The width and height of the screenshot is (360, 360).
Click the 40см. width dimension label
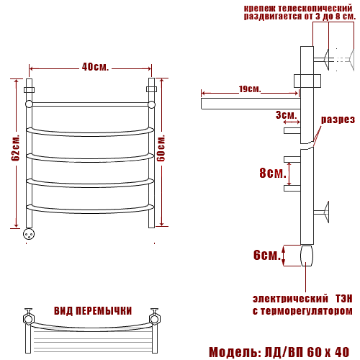[95, 67]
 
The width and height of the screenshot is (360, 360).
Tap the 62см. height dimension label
[16, 148]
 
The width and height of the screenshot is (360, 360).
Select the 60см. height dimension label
[161, 148]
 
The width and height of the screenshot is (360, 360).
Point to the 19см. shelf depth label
[250, 89]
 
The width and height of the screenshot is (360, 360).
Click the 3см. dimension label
[286, 115]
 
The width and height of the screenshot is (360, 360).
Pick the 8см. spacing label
[273, 173]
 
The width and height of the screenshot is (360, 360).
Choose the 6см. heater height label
[267, 255]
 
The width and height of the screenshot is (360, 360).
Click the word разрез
[338, 120]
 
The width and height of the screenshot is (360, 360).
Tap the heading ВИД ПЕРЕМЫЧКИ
[93, 311]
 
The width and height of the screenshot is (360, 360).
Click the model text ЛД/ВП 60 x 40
[307, 352]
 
